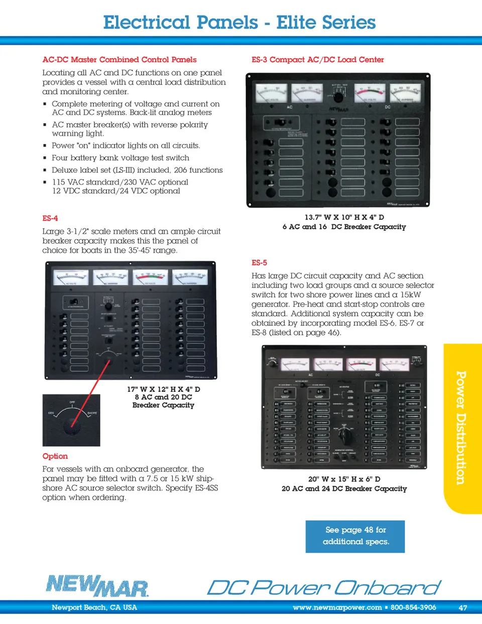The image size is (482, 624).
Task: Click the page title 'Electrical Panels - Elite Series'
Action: click(x=239, y=23)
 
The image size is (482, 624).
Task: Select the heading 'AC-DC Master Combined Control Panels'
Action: click(x=119, y=60)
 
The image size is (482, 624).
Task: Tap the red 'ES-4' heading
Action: click(x=50, y=219)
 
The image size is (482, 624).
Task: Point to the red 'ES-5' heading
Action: click(x=259, y=263)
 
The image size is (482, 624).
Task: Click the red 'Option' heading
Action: click(x=55, y=456)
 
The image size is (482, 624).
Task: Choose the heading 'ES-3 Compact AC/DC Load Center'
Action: click(x=317, y=60)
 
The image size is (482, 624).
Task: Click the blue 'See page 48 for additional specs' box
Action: click(x=355, y=536)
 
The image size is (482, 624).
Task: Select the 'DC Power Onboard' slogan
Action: click(x=324, y=587)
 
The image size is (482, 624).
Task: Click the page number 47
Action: click(x=462, y=608)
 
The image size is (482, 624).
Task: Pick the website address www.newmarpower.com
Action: click(x=337, y=607)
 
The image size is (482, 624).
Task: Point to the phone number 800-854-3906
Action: click(x=413, y=607)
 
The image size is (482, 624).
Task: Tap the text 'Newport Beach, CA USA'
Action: click(x=94, y=607)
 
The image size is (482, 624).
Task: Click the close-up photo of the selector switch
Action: click(x=71, y=421)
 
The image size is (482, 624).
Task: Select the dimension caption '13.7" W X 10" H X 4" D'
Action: click(x=344, y=218)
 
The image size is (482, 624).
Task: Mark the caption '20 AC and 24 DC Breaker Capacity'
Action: click(x=344, y=489)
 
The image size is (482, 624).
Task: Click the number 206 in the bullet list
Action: click(x=181, y=170)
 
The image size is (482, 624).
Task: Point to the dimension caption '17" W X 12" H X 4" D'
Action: click(x=163, y=389)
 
